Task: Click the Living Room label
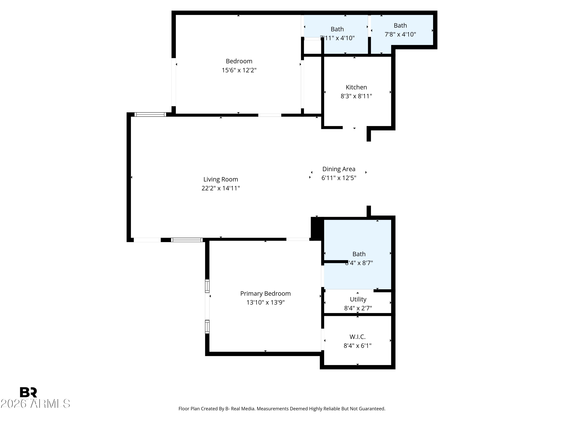[x=221, y=179]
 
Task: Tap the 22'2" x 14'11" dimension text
[x=221, y=188]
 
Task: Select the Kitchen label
[x=356, y=87]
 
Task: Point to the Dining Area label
[x=339, y=169]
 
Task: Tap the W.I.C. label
[x=357, y=337]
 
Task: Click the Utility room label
[x=358, y=299]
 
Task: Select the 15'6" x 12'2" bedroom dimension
[x=239, y=70]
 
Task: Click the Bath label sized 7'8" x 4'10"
[x=400, y=26]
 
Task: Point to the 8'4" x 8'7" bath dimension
[x=359, y=263]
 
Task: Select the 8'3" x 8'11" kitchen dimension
[x=356, y=96]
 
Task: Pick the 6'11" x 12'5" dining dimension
[x=339, y=178]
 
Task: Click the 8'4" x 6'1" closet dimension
[x=357, y=346]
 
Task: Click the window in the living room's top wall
[x=150, y=114]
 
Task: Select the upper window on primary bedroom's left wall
[x=207, y=286]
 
